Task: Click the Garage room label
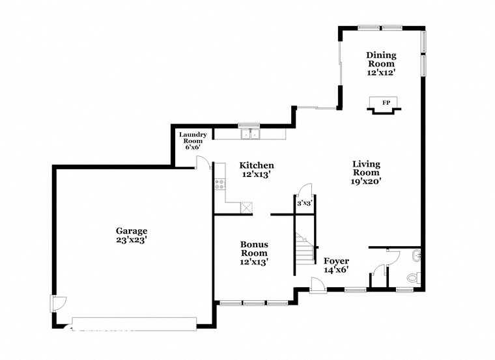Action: (132, 230)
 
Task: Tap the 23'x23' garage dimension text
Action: (132, 240)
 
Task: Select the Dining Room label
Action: (381, 59)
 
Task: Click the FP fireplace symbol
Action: (386, 104)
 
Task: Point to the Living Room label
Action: (366, 168)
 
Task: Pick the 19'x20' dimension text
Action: (366, 182)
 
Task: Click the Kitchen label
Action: (256, 165)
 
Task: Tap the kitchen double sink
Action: (250, 135)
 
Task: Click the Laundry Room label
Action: (193, 138)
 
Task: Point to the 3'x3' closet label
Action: (305, 203)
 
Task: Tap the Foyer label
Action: (336, 261)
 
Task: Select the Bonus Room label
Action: (254, 249)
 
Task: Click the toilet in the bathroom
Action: (412, 279)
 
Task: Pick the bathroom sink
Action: (417, 256)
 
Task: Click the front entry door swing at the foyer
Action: (317, 284)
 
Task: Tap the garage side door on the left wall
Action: (58, 303)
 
